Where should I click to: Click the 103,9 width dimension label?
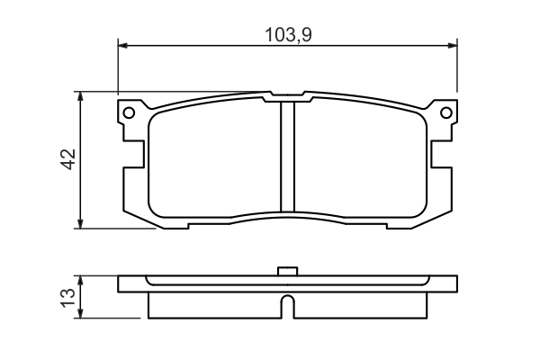pos(288,35)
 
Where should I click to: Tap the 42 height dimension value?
pos(68,159)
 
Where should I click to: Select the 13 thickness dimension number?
pos(67,298)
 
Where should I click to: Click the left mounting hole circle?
pos(129,112)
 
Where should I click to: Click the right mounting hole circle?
pos(446,112)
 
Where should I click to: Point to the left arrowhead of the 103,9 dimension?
pos(122,45)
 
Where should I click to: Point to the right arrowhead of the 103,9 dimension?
pos(453,45)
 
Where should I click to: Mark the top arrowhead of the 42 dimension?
pos(80,96)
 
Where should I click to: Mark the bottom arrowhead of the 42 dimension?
pos(80,223)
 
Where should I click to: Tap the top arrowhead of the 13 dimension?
pos(80,280)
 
